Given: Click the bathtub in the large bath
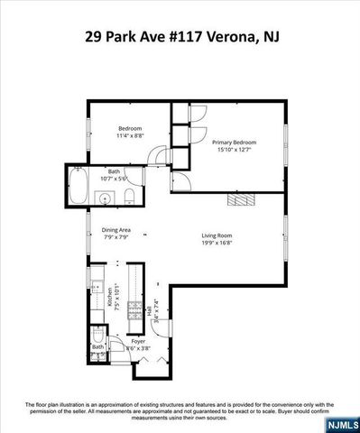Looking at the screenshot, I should [78, 189].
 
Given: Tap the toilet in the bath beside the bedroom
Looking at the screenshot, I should [130, 198].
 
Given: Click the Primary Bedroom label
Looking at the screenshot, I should [234, 143].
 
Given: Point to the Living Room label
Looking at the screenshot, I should [217, 235].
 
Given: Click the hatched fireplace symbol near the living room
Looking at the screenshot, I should [239, 199].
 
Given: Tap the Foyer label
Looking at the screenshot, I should [138, 341].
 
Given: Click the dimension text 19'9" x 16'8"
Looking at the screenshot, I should [217, 243].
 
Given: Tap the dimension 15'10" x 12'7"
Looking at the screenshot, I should [234, 150].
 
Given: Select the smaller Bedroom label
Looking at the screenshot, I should [130, 129].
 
